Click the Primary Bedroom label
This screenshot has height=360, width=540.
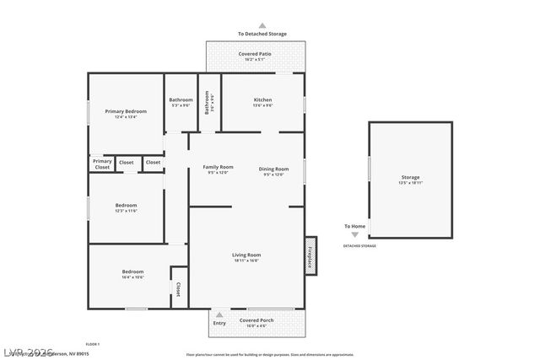(126, 111)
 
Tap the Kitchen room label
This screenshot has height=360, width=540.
(262, 99)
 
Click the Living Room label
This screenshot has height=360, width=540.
(246, 255)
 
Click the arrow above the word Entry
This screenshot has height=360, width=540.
(220, 314)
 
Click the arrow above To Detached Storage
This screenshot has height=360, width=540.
(262, 26)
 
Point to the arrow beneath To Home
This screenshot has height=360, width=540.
(354, 235)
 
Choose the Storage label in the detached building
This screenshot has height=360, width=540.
(410, 177)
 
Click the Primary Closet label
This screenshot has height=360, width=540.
(102, 164)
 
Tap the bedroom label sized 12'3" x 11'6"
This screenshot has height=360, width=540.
(126, 205)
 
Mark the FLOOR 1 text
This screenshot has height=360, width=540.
(93, 344)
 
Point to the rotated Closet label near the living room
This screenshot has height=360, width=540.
(178, 289)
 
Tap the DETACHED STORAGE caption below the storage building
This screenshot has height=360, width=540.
(359, 246)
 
